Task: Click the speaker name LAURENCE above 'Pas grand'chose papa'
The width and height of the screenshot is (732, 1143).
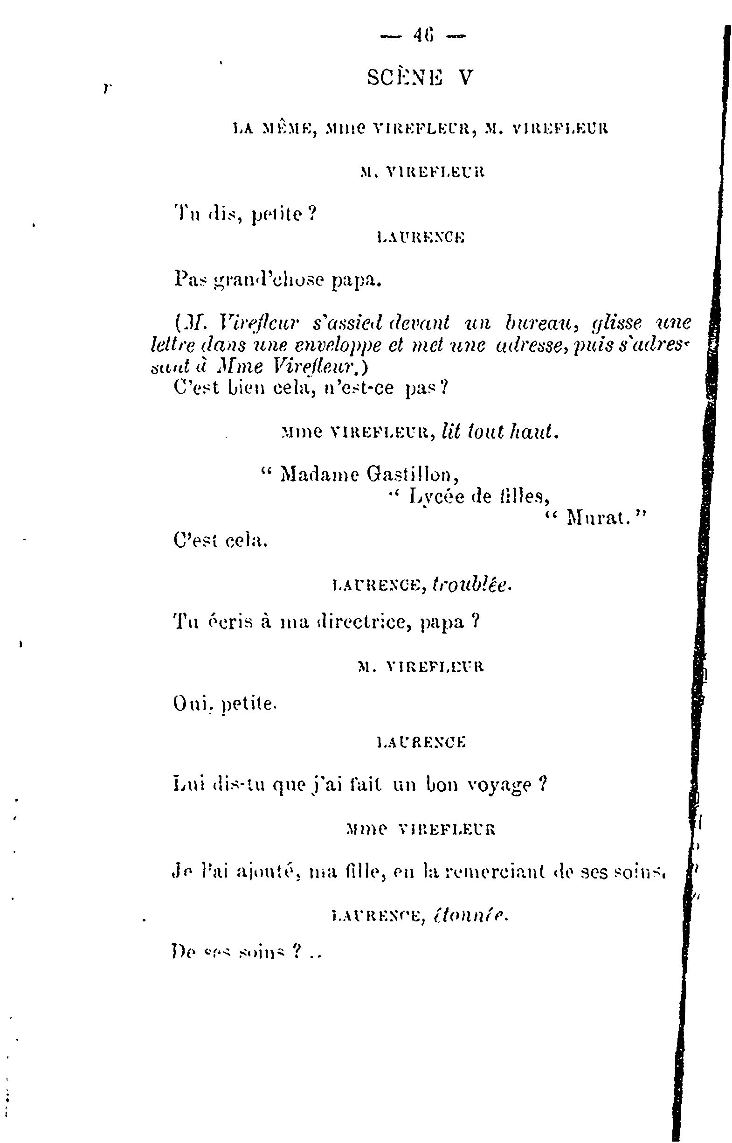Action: coord(420,238)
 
